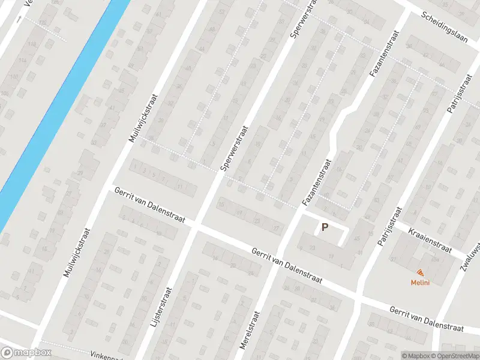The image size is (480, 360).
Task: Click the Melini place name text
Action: click(419, 283)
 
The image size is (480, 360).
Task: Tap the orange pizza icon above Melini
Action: click(419, 273)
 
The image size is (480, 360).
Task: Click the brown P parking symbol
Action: click(325, 227)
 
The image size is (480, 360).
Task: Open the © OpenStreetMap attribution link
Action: click(454, 356)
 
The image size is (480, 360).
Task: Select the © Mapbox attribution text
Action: click(415, 356)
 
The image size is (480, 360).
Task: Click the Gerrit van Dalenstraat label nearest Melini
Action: click(426, 319)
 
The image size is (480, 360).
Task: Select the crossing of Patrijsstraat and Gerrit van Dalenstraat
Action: click(358, 298)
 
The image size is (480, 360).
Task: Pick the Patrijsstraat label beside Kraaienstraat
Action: click(389, 227)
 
